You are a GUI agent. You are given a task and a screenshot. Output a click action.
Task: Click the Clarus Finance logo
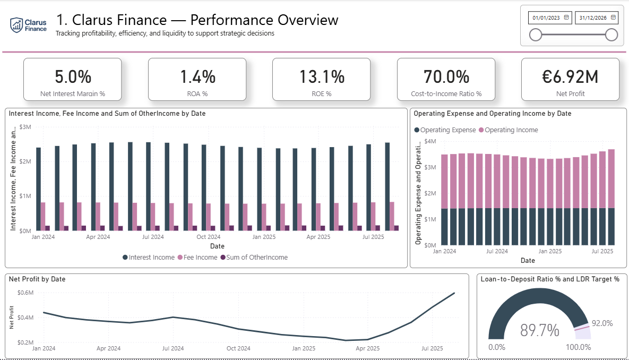click(29, 24)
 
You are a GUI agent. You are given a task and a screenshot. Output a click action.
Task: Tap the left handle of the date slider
click(536, 35)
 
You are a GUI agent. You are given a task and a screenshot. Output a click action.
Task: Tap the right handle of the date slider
click(611, 35)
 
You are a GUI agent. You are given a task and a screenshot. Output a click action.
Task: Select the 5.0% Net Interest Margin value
click(73, 77)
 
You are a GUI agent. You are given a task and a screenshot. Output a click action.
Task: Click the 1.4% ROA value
click(197, 77)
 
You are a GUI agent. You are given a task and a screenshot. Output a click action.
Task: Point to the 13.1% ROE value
click(322, 77)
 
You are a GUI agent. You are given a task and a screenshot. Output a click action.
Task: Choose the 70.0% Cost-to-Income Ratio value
click(446, 77)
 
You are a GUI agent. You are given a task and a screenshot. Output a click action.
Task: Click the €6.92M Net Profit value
click(570, 77)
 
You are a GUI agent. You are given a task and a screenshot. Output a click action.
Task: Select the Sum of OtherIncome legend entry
click(256, 258)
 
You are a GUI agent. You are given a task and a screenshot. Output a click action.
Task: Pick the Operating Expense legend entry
click(447, 130)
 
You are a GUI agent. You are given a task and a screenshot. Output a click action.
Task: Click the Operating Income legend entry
click(511, 130)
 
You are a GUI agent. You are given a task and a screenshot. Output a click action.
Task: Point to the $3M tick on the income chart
click(25, 127)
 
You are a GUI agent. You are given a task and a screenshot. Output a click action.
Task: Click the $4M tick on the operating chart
click(430, 142)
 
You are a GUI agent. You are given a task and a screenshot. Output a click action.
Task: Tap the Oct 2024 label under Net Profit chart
click(238, 348)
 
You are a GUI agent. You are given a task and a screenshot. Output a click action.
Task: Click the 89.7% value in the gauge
click(539, 331)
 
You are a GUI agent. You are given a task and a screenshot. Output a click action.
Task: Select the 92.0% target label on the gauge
click(602, 323)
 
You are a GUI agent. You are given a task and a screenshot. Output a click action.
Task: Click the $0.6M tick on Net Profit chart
click(25, 293)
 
